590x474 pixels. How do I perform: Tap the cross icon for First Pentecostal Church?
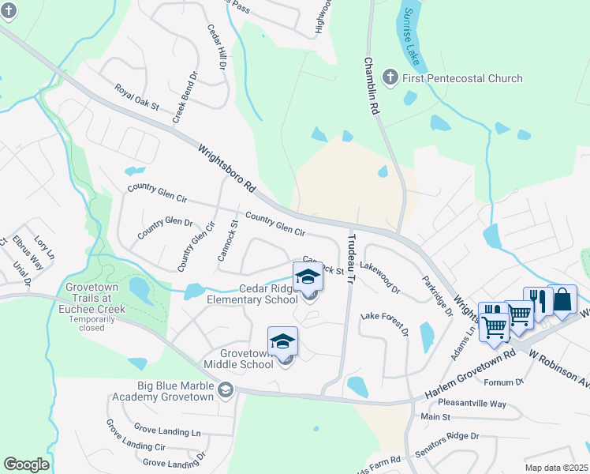click(390, 77)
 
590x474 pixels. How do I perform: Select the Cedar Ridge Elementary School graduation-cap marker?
click(308, 277)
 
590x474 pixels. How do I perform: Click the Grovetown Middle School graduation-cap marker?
click(282, 340)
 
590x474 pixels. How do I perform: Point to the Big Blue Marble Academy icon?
click(226, 390)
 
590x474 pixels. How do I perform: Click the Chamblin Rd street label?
click(372, 88)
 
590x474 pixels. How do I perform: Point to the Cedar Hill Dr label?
click(215, 48)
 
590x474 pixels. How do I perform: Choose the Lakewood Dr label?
click(380, 277)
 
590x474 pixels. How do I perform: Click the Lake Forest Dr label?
click(385, 323)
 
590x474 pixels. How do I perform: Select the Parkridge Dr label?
click(436, 295)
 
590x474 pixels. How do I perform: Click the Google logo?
click(27, 465)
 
